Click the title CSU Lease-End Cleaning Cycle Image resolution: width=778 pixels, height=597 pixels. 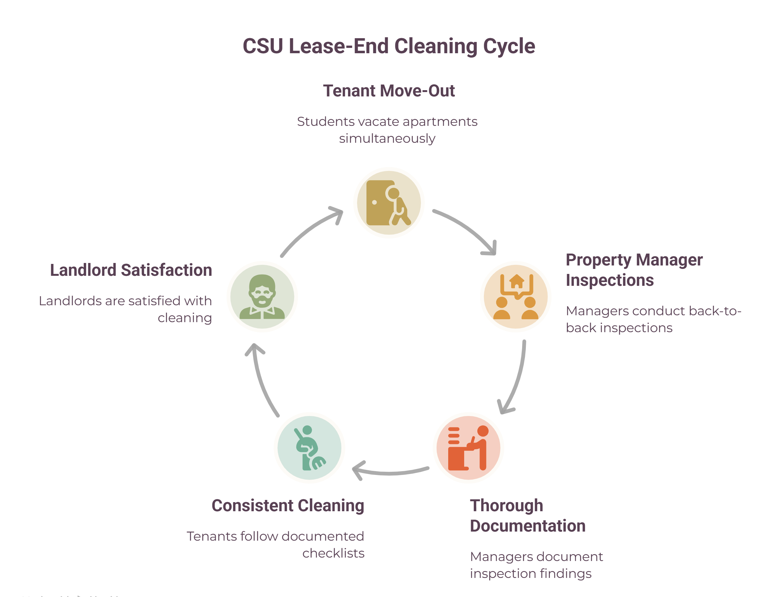[389, 46]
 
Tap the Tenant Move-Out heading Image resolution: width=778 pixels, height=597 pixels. [389, 90]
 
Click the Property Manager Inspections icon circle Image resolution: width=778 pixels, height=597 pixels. [516, 297]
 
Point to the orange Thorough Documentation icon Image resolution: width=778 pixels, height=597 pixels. [468, 448]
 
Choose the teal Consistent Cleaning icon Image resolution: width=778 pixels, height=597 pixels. [309, 448]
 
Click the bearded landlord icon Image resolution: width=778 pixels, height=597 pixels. [262, 297]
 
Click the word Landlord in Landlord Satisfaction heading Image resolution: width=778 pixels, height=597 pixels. [83, 270]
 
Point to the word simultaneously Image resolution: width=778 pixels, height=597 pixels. [387, 139]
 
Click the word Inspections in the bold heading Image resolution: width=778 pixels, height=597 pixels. [609, 280]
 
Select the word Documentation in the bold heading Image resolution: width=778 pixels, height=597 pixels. [528, 526]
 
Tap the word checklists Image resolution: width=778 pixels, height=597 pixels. [333, 553]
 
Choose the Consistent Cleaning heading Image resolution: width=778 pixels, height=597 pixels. [288, 505]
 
